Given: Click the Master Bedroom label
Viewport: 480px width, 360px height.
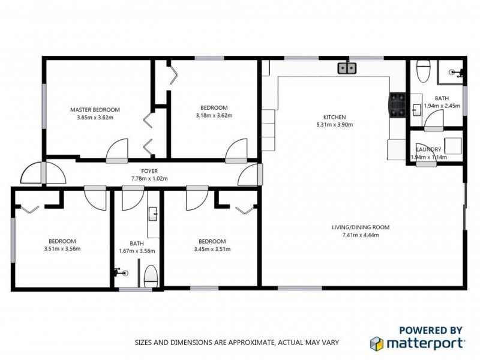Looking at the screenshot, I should coord(95,110).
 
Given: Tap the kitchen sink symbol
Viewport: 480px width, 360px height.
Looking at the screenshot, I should coord(347,68).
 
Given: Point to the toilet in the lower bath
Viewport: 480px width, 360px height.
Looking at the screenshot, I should coord(152,275).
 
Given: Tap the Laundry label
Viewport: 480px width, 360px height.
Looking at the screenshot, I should coord(428,149).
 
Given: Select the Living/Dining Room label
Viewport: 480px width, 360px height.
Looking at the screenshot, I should coord(361,227).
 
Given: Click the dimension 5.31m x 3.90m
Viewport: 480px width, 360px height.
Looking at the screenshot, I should coord(334,125).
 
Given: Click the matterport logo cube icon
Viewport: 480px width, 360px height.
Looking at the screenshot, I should coord(376,344).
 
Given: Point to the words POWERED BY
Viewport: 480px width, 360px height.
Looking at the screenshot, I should coord(431,330).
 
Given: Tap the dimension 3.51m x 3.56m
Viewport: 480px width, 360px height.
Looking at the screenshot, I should coord(62,250).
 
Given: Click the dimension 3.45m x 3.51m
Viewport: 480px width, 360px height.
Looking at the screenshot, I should coord(212,250).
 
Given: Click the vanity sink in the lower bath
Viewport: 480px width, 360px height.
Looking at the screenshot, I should coord(153,211).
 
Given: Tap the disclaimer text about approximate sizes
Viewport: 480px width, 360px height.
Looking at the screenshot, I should coord(236,343).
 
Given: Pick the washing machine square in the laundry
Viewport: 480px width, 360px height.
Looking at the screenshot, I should coord(452,146).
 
